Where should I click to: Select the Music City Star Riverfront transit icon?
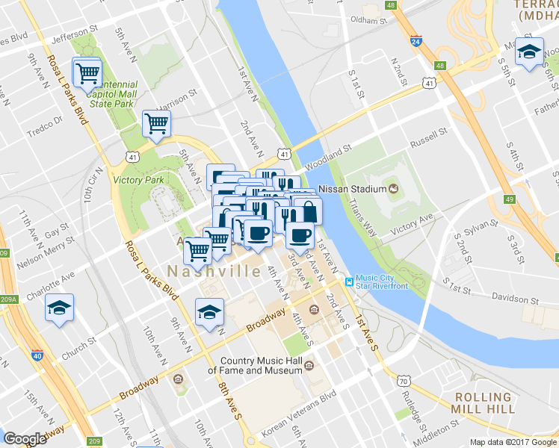tap(348, 281)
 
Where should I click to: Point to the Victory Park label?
tap(138, 180)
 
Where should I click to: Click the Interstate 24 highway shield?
tap(416, 43)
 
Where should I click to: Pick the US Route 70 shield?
tap(404, 382)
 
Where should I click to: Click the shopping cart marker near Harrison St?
tap(156, 122)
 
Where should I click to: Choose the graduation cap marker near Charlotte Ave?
tap(59, 308)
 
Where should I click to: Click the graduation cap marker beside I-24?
tap(529, 52)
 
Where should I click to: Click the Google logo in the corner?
tap(25, 439)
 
